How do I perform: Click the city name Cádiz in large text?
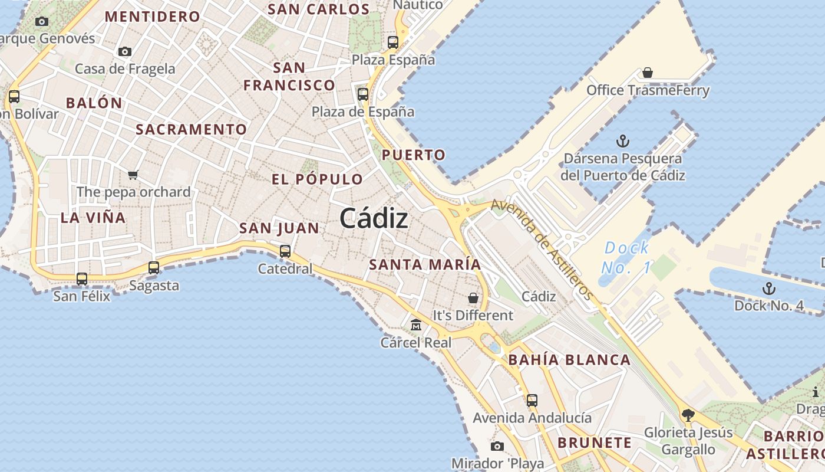[374, 219]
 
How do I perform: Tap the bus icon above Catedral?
[285, 251]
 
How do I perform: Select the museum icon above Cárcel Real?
[416, 324]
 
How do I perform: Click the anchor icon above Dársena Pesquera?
[622, 141]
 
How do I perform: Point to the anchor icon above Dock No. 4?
[768, 289]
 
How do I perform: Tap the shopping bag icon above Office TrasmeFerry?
[648, 73]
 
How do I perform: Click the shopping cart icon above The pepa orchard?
[133, 175]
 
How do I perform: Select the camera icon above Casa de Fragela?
[125, 52]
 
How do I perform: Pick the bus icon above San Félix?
[82, 278]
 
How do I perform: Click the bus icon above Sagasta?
[154, 268]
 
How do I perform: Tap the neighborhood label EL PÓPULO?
[318, 179]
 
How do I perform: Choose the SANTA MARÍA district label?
[425, 264]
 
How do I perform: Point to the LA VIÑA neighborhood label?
[93, 218]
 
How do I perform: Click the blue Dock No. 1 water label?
[626, 258]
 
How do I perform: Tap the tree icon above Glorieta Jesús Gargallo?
[688, 415]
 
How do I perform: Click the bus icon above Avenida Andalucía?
[532, 401]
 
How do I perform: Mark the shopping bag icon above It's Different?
[473, 298]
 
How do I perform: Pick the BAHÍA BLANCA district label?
[569, 360]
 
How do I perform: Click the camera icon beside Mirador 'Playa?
[497, 446]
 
